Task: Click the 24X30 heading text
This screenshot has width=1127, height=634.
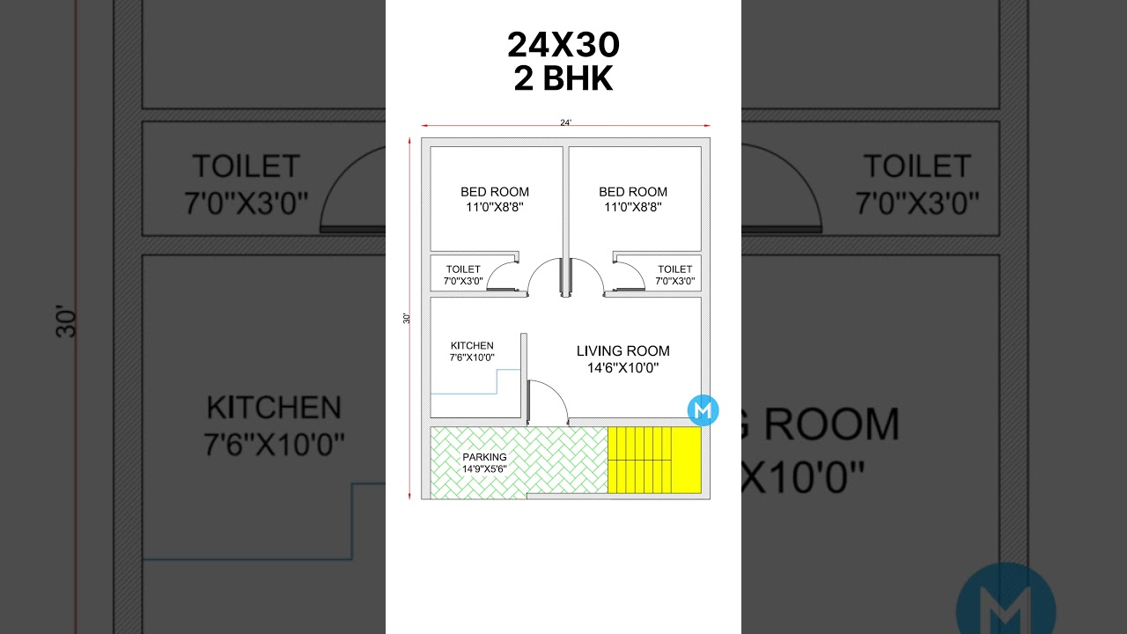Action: pyautogui.click(x=563, y=45)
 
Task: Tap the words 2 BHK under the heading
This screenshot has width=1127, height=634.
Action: pyautogui.click(x=563, y=79)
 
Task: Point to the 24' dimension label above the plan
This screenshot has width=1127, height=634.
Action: pyautogui.click(x=565, y=122)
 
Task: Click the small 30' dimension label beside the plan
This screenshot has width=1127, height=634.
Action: pyautogui.click(x=407, y=318)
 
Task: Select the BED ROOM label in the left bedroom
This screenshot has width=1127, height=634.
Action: pyautogui.click(x=495, y=192)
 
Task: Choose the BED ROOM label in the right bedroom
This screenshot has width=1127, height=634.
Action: pyautogui.click(x=633, y=192)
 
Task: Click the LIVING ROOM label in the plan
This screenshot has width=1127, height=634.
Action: pyautogui.click(x=622, y=350)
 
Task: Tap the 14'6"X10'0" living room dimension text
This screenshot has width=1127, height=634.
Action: pyautogui.click(x=622, y=368)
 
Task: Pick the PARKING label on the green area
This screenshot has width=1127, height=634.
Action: pyautogui.click(x=484, y=457)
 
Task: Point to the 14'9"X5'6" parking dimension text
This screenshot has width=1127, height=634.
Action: pyautogui.click(x=484, y=469)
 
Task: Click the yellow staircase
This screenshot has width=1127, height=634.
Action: pyautogui.click(x=653, y=460)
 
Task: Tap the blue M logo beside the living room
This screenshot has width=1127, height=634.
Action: pyautogui.click(x=703, y=410)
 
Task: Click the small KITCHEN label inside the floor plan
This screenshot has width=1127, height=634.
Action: pyautogui.click(x=472, y=346)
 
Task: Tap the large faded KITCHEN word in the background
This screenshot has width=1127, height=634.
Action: pyautogui.click(x=274, y=408)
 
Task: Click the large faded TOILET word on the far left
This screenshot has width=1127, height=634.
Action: pyautogui.click(x=247, y=166)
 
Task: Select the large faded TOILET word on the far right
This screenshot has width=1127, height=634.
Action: pyautogui.click(x=917, y=166)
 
